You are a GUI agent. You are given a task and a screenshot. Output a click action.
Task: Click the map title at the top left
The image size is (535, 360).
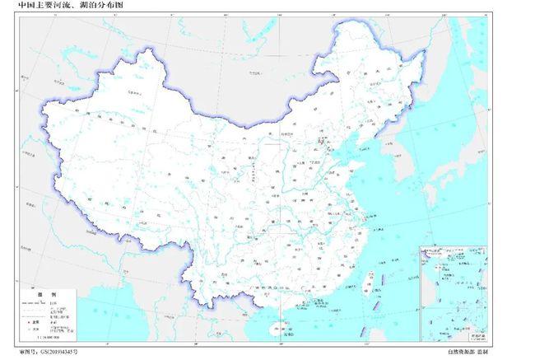point(54,6)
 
